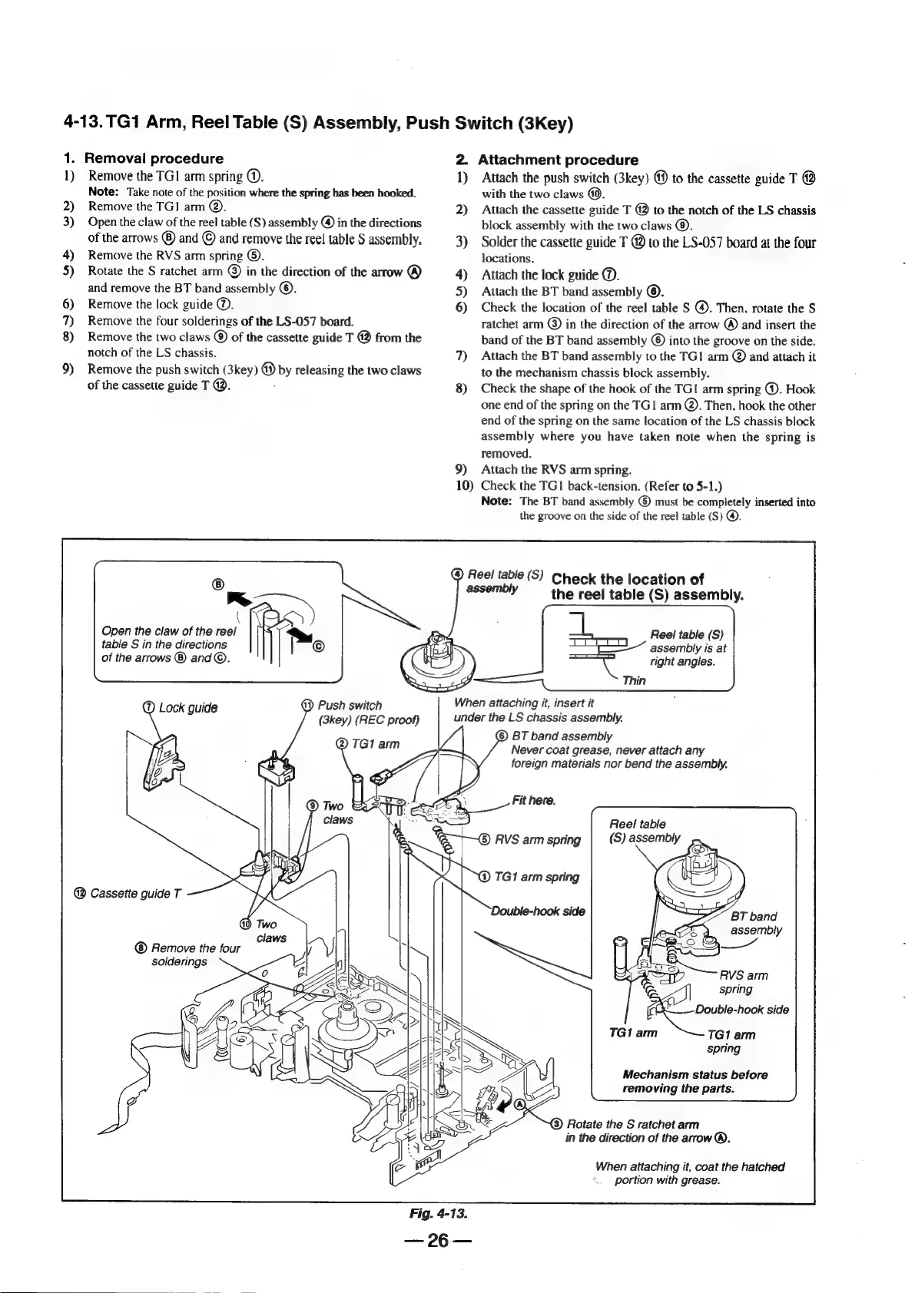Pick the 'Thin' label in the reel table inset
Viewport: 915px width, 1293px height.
click(634, 680)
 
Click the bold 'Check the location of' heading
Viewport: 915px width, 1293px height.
click(628, 579)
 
